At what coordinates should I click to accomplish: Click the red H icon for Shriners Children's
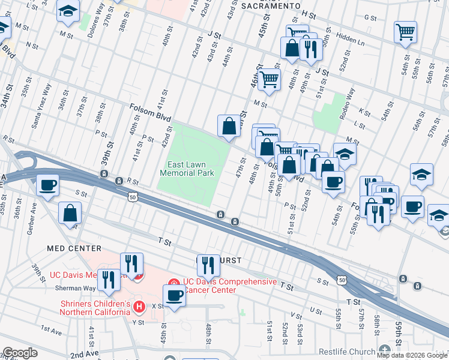tap(140, 307)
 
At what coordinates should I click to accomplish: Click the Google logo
tap(20, 353)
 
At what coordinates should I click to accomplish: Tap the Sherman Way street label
tap(71, 287)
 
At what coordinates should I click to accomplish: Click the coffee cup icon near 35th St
tap(47, 185)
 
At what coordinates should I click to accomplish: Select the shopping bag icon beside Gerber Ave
tap(70, 212)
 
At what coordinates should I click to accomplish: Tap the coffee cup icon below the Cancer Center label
tap(175, 295)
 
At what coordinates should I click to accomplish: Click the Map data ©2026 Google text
tap(412, 355)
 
